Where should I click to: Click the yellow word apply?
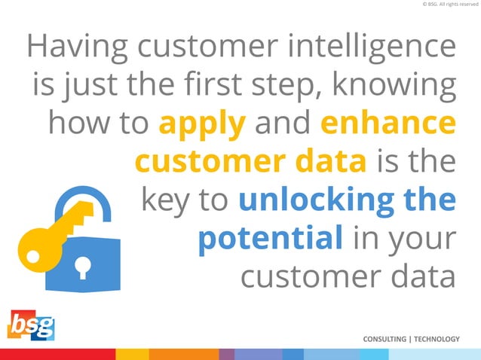coord(203,125)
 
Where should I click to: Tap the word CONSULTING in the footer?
coord(384,340)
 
